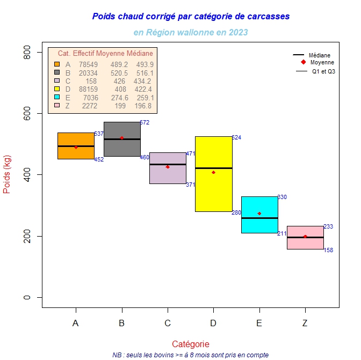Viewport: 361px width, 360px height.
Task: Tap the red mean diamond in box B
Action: click(x=122, y=138)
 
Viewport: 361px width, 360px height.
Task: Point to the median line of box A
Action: click(x=76, y=146)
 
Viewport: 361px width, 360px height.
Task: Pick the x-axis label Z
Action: click(x=305, y=323)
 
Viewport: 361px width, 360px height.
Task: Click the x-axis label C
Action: click(x=168, y=323)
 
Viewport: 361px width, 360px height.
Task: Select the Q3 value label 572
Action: click(x=145, y=122)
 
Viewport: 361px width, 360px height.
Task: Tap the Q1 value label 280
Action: click(x=236, y=213)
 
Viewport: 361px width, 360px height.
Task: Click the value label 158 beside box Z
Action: click(x=328, y=251)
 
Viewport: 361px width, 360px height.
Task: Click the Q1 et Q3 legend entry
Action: click(x=323, y=71)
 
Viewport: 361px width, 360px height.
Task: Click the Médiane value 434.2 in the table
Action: click(x=145, y=81)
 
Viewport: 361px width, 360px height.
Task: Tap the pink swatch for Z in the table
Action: click(x=57, y=106)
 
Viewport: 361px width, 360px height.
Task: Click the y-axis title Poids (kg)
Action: click(x=8, y=175)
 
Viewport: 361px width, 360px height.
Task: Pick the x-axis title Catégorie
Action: click(x=191, y=344)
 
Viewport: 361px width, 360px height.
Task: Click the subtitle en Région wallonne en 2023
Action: click(x=191, y=32)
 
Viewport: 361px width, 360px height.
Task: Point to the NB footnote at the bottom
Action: click(x=191, y=355)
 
